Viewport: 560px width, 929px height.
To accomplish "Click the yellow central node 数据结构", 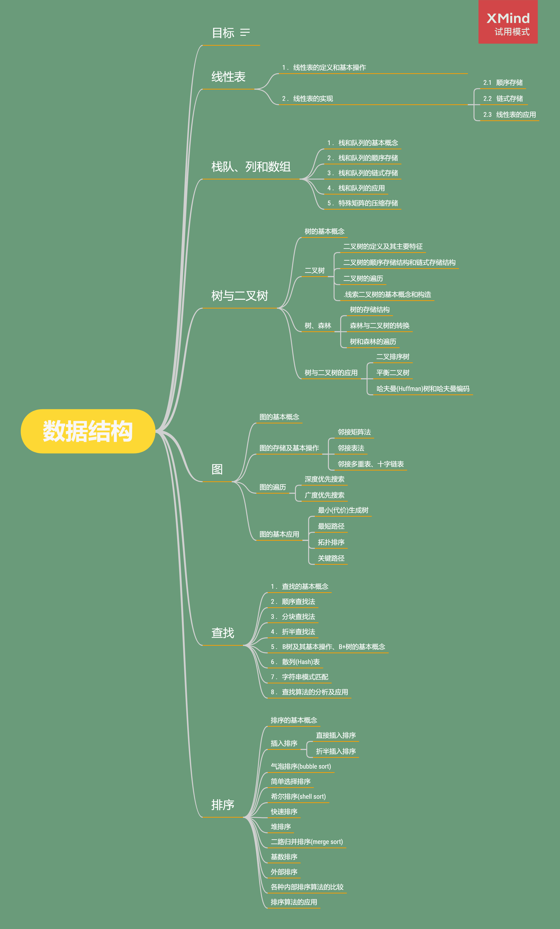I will coord(88,431).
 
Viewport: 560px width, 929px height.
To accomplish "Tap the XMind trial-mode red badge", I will coord(508,22).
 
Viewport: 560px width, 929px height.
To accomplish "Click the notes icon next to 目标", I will coord(245,33).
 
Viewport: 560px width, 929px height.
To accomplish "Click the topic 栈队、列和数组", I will coord(251,167).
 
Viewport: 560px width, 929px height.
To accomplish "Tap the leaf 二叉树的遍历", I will coord(363,279).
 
